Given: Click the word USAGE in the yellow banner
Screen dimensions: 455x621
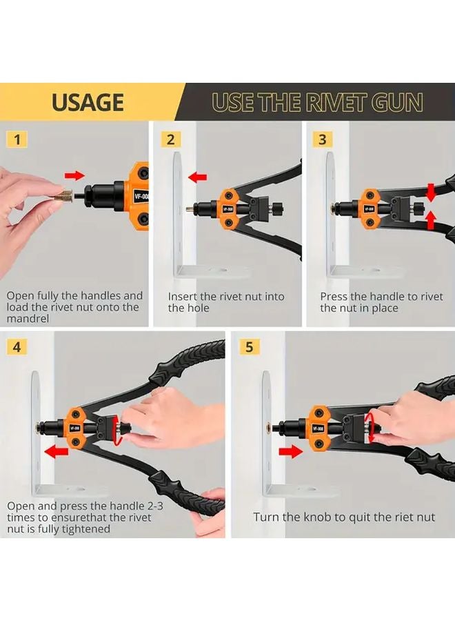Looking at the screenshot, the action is click(x=88, y=102).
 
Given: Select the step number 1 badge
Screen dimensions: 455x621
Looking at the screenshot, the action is click(x=17, y=139).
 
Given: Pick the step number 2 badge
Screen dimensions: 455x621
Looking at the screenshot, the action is click(x=170, y=139).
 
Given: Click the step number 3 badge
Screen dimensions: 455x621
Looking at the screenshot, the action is click(x=323, y=139).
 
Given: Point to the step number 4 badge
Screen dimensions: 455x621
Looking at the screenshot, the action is click(x=17, y=347).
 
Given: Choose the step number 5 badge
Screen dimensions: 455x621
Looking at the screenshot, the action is click(x=249, y=347).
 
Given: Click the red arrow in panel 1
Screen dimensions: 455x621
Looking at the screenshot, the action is click(x=74, y=175).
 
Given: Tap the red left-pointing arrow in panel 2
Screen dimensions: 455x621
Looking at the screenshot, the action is click(x=197, y=177).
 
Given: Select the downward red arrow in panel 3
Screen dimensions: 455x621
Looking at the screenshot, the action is click(x=432, y=193).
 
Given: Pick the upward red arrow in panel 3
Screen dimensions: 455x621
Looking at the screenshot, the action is click(x=432, y=221).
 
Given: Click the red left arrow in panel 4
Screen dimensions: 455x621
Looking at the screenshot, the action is click(x=56, y=451).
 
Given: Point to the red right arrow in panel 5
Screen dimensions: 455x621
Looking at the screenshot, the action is click(x=291, y=451).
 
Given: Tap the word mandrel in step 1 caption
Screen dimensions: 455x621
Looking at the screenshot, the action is click(x=28, y=318).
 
